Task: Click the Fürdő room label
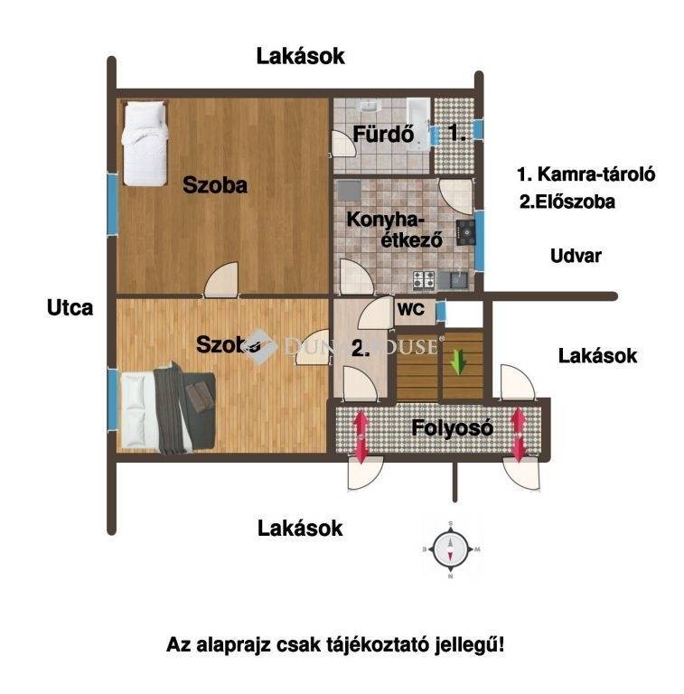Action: (383, 134)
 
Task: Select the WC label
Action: (410, 309)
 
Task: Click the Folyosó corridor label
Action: (452, 428)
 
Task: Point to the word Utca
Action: (70, 307)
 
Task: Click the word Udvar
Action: (576, 256)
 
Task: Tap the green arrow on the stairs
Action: (459, 361)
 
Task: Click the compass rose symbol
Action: (450, 549)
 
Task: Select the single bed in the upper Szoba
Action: (145, 144)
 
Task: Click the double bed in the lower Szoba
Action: (168, 408)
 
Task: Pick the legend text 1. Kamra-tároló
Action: (586, 174)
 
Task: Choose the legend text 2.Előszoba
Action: (567, 202)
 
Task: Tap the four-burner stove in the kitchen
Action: (424, 280)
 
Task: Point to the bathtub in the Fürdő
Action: (418, 124)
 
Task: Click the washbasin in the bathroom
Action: (368, 106)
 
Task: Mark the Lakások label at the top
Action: (300, 56)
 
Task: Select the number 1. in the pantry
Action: (457, 133)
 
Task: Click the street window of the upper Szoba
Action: (112, 204)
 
